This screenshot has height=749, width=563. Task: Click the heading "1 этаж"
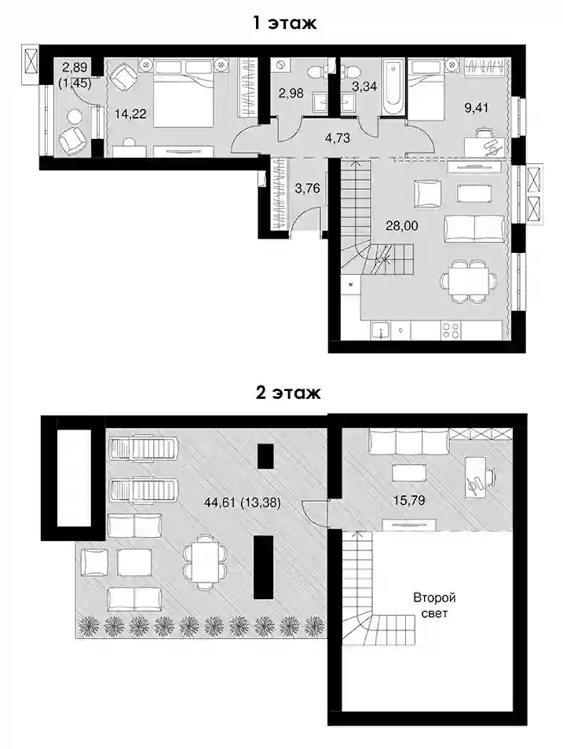point(285,22)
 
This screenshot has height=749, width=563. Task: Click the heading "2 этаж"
point(287,393)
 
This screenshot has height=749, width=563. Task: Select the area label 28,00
point(401,225)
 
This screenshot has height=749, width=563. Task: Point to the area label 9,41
point(477,108)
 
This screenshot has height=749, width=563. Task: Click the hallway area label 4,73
point(337,138)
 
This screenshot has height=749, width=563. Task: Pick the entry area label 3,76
point(307,188)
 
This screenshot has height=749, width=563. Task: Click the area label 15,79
point(409,500)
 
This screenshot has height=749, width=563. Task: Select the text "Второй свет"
point(434,605)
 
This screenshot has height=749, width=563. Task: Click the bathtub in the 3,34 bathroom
point(394,86)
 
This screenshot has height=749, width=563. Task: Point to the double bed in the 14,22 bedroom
point(183,93)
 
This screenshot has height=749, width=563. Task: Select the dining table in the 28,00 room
point(468,281)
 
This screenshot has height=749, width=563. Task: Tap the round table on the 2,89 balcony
point(75,116)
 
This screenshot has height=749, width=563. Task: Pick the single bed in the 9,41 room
point(426,89)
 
